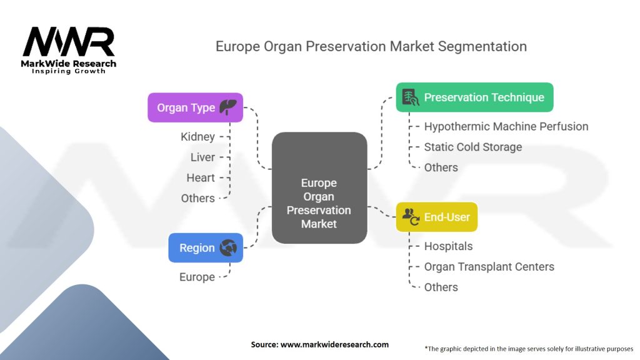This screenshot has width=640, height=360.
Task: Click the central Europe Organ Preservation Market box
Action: click(319, 187)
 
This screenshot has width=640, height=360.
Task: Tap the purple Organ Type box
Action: click(195, 107)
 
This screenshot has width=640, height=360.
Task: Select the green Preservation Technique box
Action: click(474, 97)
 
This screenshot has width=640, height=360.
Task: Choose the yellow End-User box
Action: click(437, 217)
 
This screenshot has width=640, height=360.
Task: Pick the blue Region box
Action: click(206, 247)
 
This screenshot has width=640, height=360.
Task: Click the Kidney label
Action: click(197, 137)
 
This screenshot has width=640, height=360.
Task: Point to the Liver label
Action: click(202, 157)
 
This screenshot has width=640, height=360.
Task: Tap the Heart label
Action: click(201, 178)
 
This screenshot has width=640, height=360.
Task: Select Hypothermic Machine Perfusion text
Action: click(506, 126)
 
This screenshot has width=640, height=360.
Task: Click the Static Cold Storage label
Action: click(472, 147)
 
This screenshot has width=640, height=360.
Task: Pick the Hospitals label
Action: click(448, 246)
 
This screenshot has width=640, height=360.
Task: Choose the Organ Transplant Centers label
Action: click(489, 267)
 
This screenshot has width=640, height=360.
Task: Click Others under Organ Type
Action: click(197, 198)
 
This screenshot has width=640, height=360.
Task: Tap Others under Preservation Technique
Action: click(441, 167)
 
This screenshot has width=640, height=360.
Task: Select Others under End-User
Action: click(441, 287)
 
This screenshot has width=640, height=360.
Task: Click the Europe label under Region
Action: click(197, 277)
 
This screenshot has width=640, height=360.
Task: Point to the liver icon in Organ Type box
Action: click(228, 107)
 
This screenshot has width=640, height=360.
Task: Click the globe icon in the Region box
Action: click(228, 247)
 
